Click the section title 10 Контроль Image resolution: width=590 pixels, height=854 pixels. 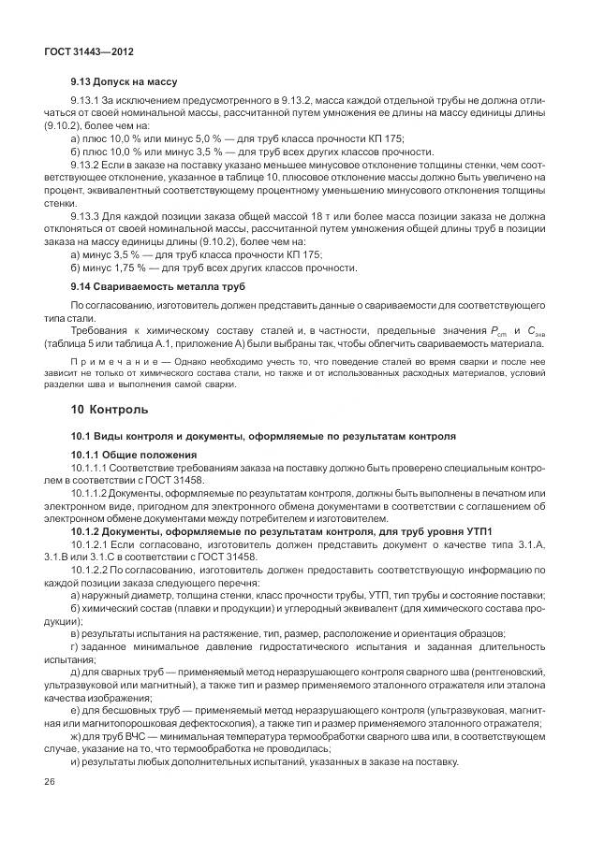point(109,410)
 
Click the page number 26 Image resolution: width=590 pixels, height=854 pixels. point(49,779)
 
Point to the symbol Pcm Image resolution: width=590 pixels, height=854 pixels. point(502,331)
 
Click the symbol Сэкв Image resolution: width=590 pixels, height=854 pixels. point(536,331)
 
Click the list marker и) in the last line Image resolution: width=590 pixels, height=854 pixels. point(76,761)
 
